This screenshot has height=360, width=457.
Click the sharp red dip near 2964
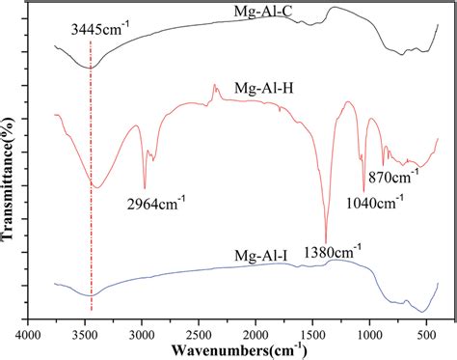[145, 187]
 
